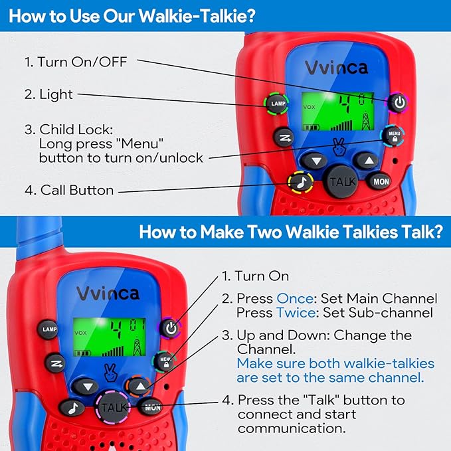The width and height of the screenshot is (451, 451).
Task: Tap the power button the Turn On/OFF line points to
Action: click(398, 102)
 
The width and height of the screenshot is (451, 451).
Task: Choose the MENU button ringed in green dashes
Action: click(165, 361)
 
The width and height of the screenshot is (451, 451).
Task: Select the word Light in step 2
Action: click(56, 94)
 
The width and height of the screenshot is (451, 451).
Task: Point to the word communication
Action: click(292, 428)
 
